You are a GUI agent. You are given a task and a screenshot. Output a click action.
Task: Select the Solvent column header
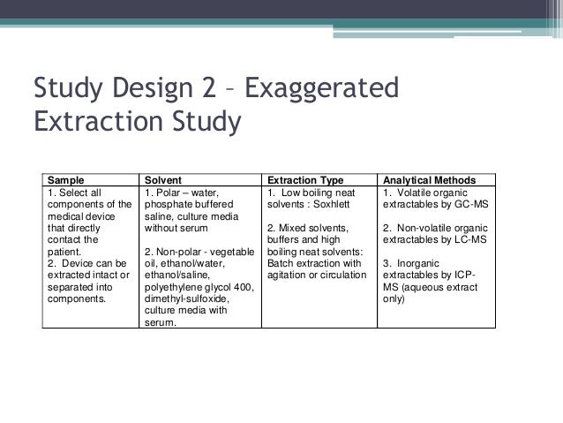pyautogui.click(x=163, y=178)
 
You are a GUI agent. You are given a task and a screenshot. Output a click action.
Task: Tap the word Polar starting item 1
pyautogui.click(x=169, y=192)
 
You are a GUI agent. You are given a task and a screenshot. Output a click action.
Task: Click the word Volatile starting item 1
pyautogui.click(x=419, y=192)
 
